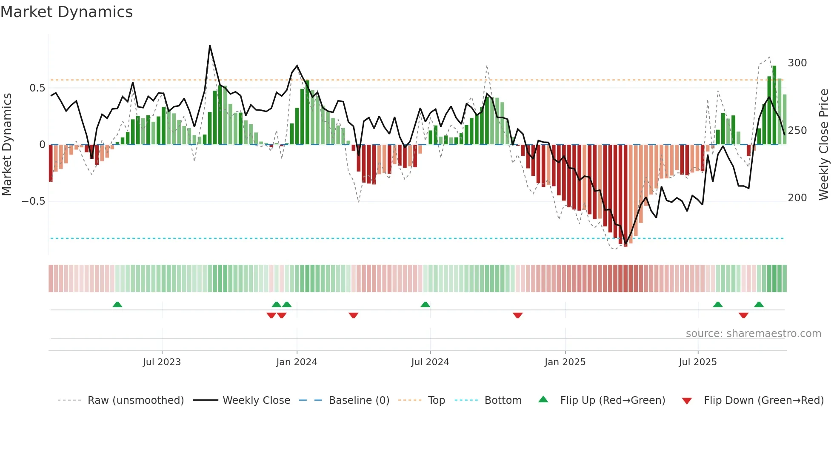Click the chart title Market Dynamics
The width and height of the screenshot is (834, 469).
[66, 12]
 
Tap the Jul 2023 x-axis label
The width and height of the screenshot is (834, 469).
[162, 362]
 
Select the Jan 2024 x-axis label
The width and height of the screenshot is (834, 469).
[297, 362]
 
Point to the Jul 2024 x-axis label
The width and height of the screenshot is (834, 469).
[430, 362]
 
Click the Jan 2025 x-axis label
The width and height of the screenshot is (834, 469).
[565, 362]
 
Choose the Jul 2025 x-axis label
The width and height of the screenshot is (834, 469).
[697, 362]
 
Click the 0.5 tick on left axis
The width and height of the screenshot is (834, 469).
[37, 88]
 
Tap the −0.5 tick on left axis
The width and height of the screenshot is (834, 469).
[34, 201]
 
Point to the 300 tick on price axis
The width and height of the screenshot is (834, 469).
[797, 63]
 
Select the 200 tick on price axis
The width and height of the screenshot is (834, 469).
[797, 198]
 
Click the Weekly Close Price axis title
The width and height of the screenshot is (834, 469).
[824, 144]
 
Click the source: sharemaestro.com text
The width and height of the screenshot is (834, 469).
[753, 334]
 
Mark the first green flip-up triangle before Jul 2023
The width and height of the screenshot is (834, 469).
[117, 304]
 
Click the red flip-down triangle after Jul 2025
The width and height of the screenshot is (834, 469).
[743, 315]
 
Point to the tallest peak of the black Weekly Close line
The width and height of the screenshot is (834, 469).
[210, 46]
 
